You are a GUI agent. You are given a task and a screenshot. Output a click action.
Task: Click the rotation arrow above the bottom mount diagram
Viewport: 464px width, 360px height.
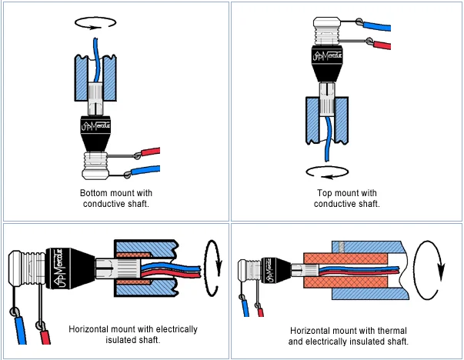pyautogui.click(x=95, y=17)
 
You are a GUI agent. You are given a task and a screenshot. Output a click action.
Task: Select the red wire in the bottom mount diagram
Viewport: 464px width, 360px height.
pyautogui.click(x=151, y=152)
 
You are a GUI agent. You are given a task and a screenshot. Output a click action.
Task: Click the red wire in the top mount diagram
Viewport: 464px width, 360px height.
pyautogui.click(x=382, y=45)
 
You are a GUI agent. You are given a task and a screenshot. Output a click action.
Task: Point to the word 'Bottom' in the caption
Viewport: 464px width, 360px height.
pyautogui.click(x=95, y=193)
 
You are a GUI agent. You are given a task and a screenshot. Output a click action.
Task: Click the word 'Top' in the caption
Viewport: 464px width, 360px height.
pyautogui.click(x=325, y=193)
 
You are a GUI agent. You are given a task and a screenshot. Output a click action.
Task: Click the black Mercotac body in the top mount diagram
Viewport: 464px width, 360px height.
pyautogui.click(x=327, y=63)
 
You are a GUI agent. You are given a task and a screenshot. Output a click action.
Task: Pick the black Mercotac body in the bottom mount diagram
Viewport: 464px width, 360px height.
pyautogui.click(x=95, y=133)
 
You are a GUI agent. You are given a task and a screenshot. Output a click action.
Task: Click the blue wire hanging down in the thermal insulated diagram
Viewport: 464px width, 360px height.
pyautogui.click(x=245, y=308)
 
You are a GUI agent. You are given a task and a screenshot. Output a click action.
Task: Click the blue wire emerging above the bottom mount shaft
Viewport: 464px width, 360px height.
pyautogui.click(x=95, y=60)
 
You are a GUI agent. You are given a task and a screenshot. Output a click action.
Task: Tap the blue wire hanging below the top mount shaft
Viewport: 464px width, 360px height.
pyautogui.click(x=327, y=139)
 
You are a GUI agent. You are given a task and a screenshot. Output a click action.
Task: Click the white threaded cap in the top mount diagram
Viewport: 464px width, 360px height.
pyautogui.click(x=327, y=31)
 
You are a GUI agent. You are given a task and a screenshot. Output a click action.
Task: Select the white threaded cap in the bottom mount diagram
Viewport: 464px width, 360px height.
pyautogui.click(x=95, y=165)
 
